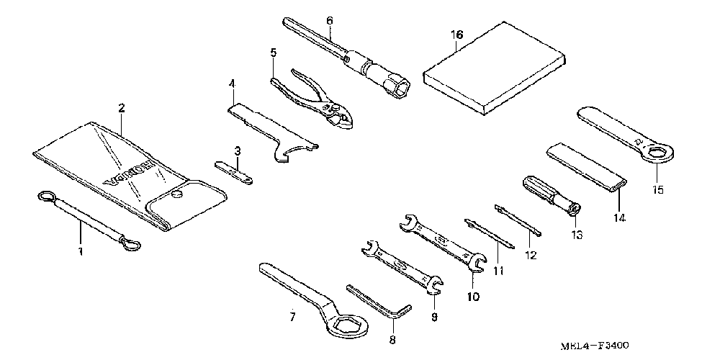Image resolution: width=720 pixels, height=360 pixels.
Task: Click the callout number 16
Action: [457, 35]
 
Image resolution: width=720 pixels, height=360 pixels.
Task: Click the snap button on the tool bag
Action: [177, 193]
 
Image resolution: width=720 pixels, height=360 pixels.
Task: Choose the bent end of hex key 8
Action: [402, 312]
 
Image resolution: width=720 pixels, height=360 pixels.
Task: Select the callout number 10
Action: [472, 295]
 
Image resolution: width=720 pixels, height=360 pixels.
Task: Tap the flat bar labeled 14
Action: [587, 168]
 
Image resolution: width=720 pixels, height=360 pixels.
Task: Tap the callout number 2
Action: [122, 109]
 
